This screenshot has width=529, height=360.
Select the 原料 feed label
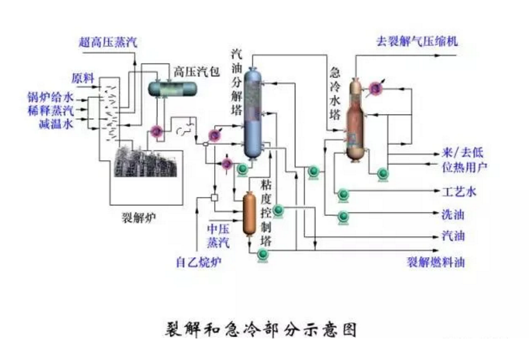click(x=82, y=78)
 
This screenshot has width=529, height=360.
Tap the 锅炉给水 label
click(x=51, y=96)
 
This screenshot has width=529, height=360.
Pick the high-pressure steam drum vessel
click(x=171, y=87)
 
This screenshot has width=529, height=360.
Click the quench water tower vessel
click(x=356, y=118)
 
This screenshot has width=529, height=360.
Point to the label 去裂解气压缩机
click(x=416, y=41)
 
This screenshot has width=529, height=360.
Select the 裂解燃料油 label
click(x=435, y=262)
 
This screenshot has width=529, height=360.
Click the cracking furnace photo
click(x=142, y=160)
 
